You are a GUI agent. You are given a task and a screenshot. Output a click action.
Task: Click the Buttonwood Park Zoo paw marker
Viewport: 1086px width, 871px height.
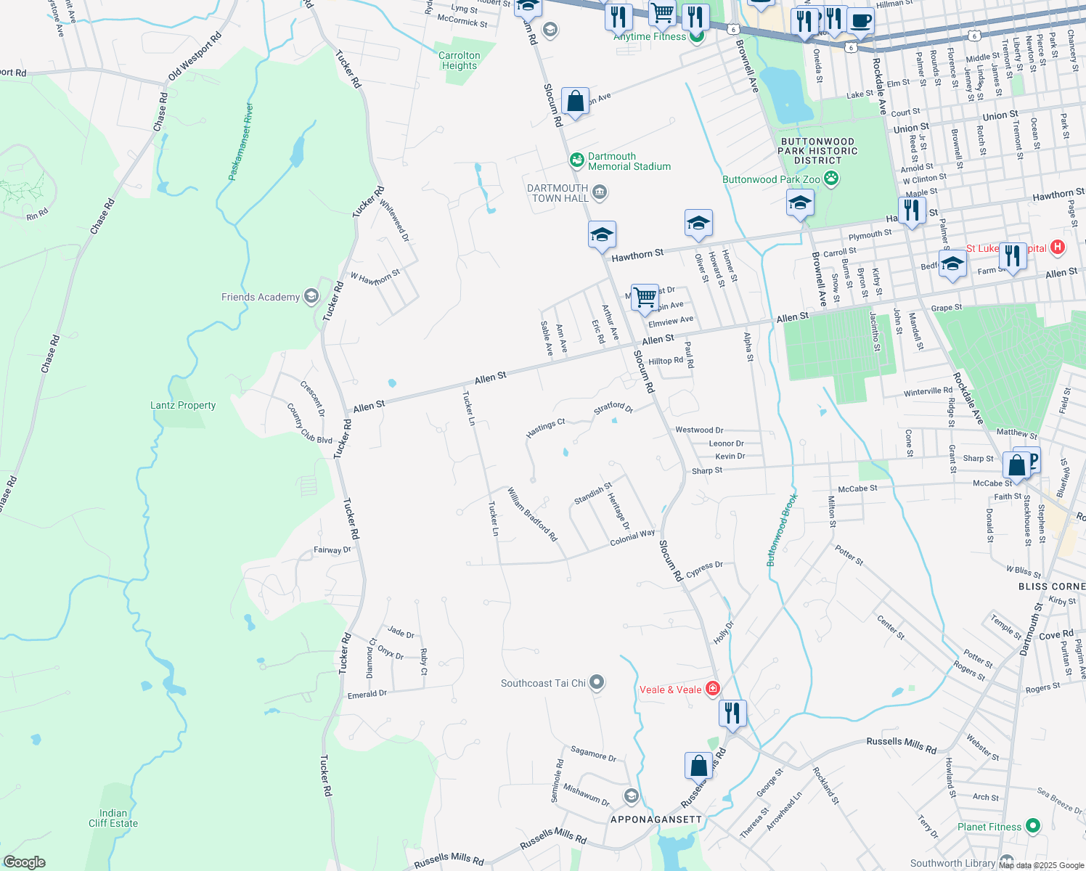coord(831,179)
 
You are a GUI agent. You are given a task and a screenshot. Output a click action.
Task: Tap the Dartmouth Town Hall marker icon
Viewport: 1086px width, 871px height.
coord(600,192)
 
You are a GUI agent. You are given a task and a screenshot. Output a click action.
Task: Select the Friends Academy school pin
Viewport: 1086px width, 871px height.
coord(311,296)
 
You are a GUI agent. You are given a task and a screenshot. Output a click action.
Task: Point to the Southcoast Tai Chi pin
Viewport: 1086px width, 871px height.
coord(597,682)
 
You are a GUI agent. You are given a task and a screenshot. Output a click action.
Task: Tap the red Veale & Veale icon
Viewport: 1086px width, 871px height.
coord(713,689)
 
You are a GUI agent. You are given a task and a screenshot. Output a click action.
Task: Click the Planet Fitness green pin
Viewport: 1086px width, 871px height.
coord(1032,826)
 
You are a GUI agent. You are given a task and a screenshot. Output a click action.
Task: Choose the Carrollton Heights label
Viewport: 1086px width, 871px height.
coord(460,60)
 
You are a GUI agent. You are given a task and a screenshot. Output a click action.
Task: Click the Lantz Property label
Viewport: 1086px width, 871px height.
coord(183,405)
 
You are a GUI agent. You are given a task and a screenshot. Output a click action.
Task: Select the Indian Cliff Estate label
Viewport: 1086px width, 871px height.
coord(113,818)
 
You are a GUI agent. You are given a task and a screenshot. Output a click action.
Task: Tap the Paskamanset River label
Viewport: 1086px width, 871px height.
coord(241,142)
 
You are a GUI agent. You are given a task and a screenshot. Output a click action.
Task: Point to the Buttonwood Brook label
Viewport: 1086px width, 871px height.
coord(783,530)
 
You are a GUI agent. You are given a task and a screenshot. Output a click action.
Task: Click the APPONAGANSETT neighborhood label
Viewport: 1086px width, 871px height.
coord(656,819)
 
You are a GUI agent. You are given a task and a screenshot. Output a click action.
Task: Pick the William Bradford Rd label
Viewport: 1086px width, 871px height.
coord(532,515)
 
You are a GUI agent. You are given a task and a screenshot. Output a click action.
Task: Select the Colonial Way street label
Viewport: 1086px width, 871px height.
coord(632,537)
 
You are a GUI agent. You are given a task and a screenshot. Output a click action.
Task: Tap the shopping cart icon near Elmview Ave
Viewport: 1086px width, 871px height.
coord(645,298)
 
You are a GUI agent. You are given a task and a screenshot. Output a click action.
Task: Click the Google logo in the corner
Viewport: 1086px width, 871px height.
coord(24,862)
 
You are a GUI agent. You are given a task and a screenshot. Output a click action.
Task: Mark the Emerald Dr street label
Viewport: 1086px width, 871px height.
coord(367,694)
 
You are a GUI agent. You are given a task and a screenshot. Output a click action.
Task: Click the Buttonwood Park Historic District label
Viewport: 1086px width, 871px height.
coord(817,151)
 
